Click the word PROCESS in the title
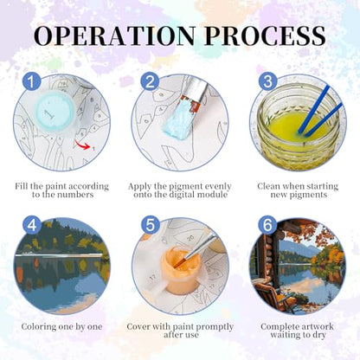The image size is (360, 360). tap(265, 35)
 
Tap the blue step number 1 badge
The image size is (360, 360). tap(32, 81)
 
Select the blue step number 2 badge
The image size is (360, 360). tap(150, 81)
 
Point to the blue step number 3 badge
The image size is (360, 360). tap(267, 81)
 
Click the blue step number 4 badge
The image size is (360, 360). tap(32, 225)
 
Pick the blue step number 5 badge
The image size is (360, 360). tap(150, 225)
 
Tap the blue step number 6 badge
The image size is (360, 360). tap(267, 225)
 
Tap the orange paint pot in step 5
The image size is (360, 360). tap(177, 272)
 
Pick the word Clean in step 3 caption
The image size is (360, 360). tap(268, 186)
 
